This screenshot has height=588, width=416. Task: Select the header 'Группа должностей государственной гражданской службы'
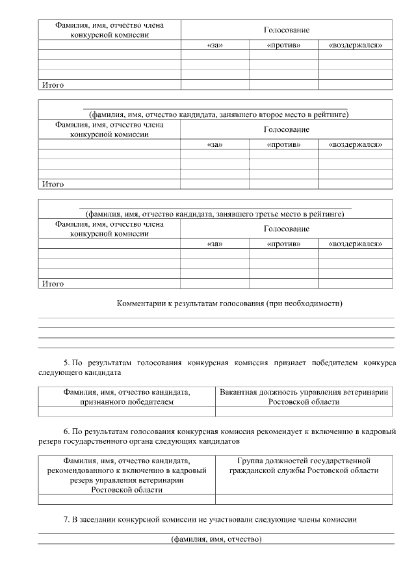click(x=304, y=465)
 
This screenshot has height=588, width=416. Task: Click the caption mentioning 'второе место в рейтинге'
click(x=215, y=114)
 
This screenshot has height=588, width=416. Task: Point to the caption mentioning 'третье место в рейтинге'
click(x=215, y=214)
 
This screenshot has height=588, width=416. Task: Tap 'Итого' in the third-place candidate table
click(x=52, y=284)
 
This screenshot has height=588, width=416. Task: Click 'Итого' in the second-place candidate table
click(x=52, y=185)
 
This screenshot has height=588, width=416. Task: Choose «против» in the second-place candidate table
click(x=283, y=144)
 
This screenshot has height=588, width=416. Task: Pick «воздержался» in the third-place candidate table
click(x=355, y=244)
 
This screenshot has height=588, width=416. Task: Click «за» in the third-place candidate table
click(x=214, y=244)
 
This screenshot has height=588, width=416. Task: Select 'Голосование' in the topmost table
click(x=286, y=30)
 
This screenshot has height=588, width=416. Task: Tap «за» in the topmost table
click(x=214, y=45)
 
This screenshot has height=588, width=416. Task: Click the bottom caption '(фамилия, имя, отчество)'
click(x=216, y=540)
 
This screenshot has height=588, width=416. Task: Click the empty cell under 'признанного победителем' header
click(x=127, y=411)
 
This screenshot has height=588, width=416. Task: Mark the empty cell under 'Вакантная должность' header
click(x=304, y=411)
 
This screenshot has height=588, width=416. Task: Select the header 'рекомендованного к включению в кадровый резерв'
click(x=127, y=475)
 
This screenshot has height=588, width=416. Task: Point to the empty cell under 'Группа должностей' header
click(x=304, y=500)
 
